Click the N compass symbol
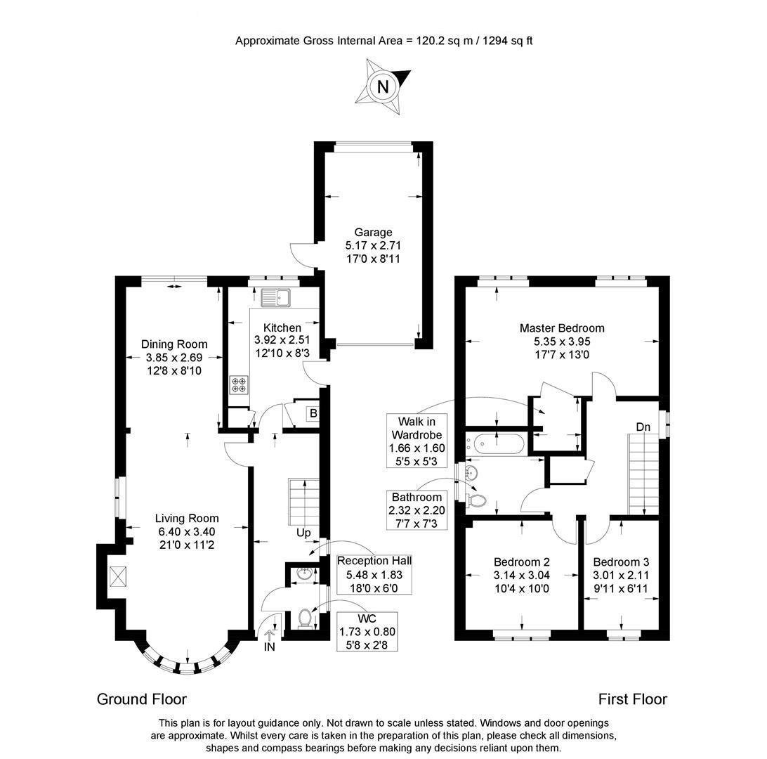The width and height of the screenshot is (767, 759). click(x=383, y=87)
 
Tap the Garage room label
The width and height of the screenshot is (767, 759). click(x=373, y=233)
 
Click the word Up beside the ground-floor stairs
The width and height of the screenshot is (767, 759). click(x=303, y=533)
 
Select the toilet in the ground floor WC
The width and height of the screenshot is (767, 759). click(x=306, y=618)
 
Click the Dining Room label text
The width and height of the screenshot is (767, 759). click(x=174, y=344)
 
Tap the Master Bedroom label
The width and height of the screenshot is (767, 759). click(x=562, y=327)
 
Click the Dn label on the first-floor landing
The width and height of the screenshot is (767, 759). click(x=643, y=427)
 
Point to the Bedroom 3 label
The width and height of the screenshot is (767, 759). click(x=621, y=562)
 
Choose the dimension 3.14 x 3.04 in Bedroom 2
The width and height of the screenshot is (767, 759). click(x=521, y=575)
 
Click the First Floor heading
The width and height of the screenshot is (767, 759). click(x=632, y=699)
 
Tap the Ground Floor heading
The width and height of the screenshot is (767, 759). click(x=142, y=699)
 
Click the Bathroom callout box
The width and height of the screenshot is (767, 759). click(x=417, y=510)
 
